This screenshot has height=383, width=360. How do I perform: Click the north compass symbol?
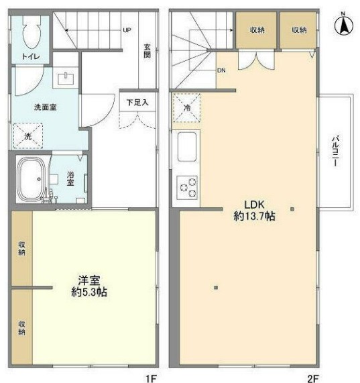point(344,26)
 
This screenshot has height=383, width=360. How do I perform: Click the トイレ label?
point(30,58)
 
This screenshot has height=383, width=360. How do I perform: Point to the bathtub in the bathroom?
point(30,180)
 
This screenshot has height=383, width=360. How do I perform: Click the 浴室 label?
point(71,179)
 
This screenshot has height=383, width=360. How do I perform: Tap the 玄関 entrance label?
point(147,52)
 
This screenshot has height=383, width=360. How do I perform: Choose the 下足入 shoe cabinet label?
point(137,103)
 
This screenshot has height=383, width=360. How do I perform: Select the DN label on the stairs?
point(221,70)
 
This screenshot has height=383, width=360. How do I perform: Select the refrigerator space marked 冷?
point(186,107)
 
